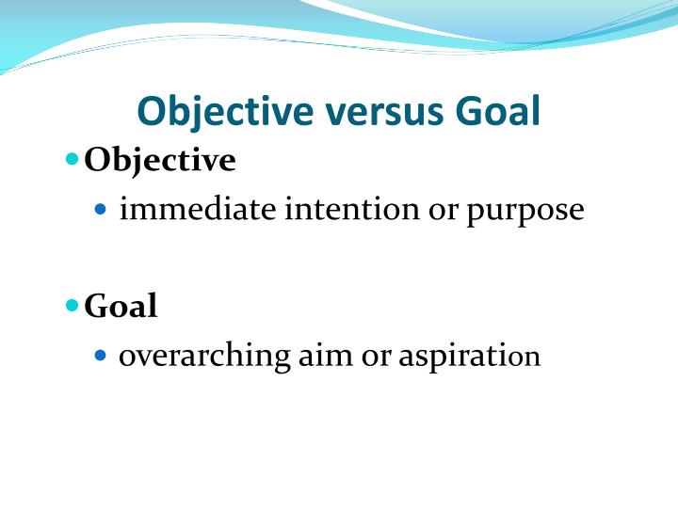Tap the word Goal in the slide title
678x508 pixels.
tap(498, 112)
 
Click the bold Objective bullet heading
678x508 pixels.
tap(160, 161)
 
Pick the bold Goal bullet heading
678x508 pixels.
tap(121, 306)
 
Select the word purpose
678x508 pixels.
tap(525, 211)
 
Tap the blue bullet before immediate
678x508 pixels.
tap(104, 210)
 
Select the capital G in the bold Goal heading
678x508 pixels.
tap(96, 306)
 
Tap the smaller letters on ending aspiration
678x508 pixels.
tap(529, 358)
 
